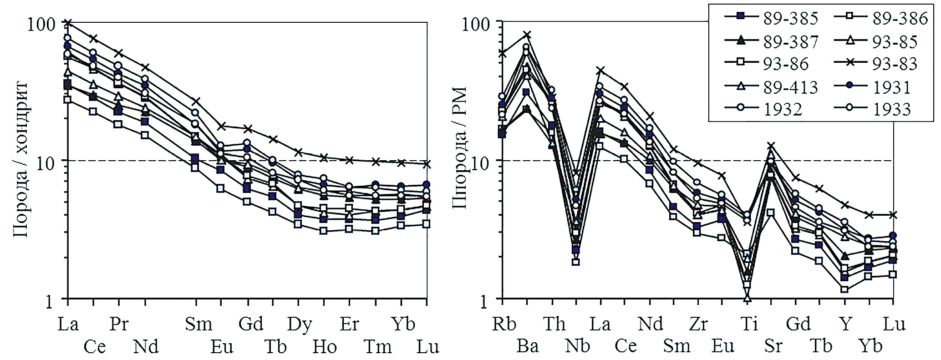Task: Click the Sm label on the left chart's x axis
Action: point(198,324)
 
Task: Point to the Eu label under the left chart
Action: point(222,347)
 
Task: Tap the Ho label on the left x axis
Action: point(325,347)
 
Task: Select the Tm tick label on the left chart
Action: point(377,347)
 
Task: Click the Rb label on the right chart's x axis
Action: point(504,324)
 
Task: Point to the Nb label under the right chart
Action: point(577,346)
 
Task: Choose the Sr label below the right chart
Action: point(773,346)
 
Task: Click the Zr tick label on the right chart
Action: point(697,324)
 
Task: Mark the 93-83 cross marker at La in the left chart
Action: point(68,23)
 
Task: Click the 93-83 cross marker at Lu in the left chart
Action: point(427,164)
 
